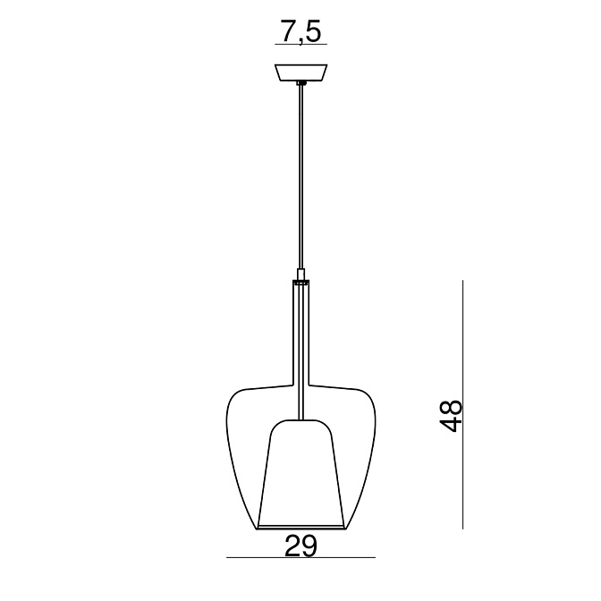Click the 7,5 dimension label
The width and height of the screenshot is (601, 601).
pyautogui.click(x=300, y=32)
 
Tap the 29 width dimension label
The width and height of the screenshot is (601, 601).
pyautogui.click(x=300, y=546)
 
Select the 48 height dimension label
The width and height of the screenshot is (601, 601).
pyautogui.click(x=451, y=416)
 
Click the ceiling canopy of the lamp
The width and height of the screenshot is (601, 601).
pyautogui.click(x=300, y=72)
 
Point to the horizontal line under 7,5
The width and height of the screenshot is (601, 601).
pyautogui.click(x=300, y=45)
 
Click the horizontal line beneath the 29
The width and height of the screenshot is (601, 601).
pyautogui.click(x=300, y=557)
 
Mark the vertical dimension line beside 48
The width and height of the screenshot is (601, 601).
pyautogui.click(x=463, y=404)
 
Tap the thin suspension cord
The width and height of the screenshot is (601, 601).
pyautogui.click(x=301, y=176)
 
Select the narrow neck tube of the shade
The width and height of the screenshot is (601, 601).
pyautogui.click(x=300, y=334)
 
